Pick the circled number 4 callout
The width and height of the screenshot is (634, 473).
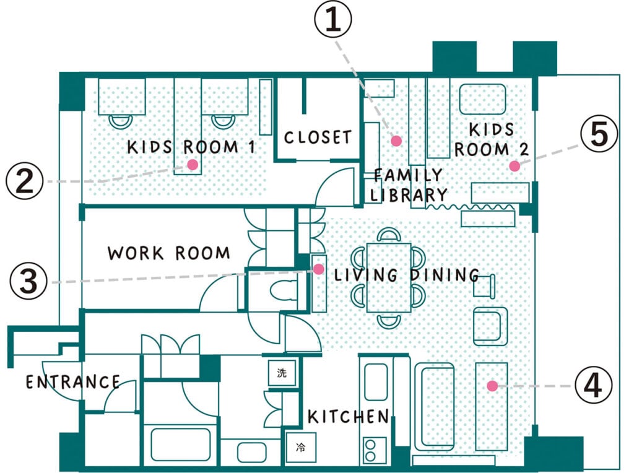593,386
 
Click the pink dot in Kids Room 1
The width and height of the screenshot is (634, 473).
192,165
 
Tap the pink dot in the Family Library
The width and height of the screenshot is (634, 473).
397,141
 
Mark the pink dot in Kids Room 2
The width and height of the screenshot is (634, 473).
514,165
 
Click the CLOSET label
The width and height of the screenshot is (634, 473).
318,137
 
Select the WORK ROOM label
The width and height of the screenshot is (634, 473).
168,253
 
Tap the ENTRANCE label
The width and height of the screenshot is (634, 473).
72,382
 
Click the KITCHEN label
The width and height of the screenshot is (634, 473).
349,417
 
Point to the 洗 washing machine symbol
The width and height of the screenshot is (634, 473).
282,373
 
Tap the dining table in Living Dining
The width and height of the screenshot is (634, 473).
389,277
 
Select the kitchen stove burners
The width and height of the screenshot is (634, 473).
374,449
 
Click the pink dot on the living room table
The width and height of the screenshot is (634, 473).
492,386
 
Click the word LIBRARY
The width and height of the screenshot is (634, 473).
408,195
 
